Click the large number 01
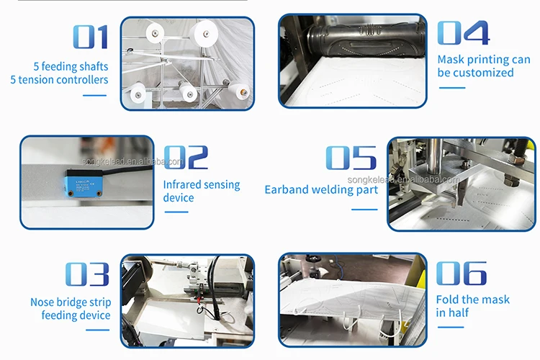91,37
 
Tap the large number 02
186,157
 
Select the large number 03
87,274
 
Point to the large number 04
463,32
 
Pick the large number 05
351,158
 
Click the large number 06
462,273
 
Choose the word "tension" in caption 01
36,80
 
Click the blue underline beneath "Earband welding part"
364,210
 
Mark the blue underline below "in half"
451,328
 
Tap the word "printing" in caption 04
487,60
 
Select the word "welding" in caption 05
329,190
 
